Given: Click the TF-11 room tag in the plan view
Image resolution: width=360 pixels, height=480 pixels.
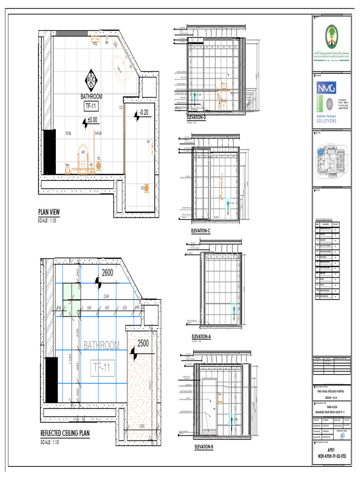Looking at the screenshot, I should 91,106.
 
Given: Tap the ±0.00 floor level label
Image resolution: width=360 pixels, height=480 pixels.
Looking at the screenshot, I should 92,120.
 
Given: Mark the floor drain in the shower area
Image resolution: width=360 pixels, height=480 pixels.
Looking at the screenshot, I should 147,188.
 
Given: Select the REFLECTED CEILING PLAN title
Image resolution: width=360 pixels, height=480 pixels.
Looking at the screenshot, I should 65,434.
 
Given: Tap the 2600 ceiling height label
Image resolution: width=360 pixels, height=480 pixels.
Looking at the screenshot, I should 108,273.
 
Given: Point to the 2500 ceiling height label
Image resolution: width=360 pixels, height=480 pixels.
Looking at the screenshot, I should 143,343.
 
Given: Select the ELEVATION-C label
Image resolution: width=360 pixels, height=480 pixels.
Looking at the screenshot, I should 201,231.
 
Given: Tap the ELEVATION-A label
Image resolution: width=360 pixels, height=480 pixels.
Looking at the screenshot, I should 202,337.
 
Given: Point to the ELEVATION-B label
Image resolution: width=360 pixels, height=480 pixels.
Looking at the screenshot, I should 203,447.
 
